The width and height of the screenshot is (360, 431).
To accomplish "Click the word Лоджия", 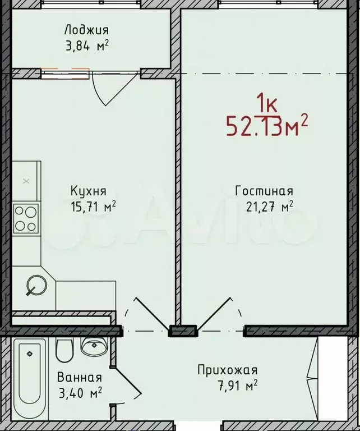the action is (86, 30).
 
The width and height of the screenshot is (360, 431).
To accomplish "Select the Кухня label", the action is (89, 191).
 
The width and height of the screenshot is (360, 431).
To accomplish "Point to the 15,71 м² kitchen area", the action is (93, 207).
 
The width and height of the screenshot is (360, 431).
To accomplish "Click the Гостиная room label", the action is (264, 191).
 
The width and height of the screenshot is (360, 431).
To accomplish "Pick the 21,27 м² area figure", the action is (269, 207).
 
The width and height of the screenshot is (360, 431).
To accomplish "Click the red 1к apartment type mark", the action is (267, 103).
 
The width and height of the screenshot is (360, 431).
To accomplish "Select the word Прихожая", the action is (228, 370).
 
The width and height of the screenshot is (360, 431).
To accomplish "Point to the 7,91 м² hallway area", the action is (238, 386).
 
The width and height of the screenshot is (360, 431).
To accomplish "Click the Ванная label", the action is (80, 377).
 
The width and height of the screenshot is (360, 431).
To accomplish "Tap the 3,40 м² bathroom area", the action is (80, 393).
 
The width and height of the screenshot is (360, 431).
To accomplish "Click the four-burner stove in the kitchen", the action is (26, 218).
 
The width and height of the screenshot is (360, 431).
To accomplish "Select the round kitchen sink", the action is (36, 285).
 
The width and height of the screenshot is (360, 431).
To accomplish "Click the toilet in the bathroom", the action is (64, 350).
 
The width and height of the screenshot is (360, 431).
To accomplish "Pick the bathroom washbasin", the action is (94, 346).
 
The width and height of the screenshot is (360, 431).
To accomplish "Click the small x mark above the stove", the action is (26, 181).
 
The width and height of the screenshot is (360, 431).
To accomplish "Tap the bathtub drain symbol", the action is (29, 354).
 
